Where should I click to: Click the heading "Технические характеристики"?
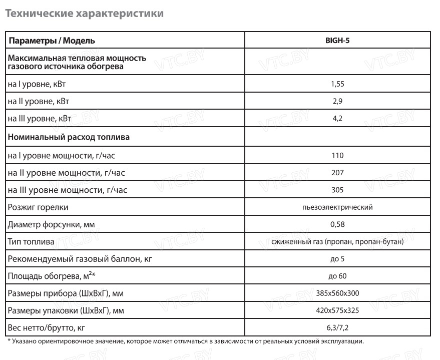[x=84, y=14]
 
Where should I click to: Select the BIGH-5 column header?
[x=337, y=41]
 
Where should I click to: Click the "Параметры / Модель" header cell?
[x=52, y=41]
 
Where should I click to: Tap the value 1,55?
[x=337, y=84]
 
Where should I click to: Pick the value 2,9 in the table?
[x=337, y=101]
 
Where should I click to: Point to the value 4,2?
[x=337, y=119]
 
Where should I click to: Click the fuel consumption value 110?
[x=337, y=155]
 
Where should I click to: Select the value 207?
[x=337, y=173]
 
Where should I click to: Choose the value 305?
[x=337, y=190]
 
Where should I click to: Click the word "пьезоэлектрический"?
[x=337, y=207]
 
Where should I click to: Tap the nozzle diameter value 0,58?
[x=337, y=224]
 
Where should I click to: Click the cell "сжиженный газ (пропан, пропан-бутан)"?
[x=337, y=242]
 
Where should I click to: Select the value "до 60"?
[x=337, y=276]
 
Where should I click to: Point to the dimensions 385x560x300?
[x=337, y=293]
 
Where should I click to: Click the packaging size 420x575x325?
[x=337, y=310]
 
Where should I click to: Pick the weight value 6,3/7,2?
[x=337, y=328]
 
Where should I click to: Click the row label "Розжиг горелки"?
[x=38, y=207]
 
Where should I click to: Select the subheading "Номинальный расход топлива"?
[x=69, y=136]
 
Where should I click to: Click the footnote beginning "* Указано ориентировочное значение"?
[x=186, y=341]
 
